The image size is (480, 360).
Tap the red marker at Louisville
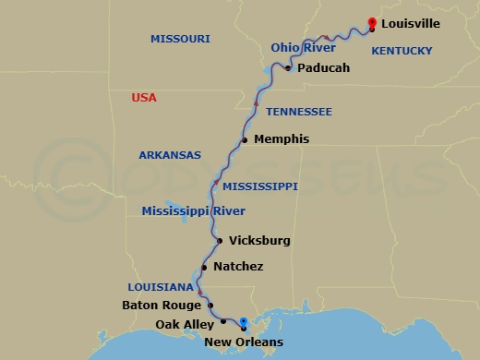click(371, 23)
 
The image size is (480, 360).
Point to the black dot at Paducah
click(289, 68)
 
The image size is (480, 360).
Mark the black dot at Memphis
click(245, 140)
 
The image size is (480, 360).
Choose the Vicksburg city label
click(259, 241)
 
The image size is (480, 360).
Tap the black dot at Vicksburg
click(219, 242)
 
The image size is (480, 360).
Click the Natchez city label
click(238, 267)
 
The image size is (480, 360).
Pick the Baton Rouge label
click(162, 304)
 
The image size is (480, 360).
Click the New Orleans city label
click(244, 343)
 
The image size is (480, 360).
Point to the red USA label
click(144, 97)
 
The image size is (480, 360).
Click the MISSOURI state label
click(180, 39)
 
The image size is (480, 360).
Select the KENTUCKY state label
click(402, 54)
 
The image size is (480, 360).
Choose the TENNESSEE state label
click(299, 112)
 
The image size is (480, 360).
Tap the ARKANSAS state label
click(170, 155)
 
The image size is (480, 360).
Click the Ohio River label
click(303, 47)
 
